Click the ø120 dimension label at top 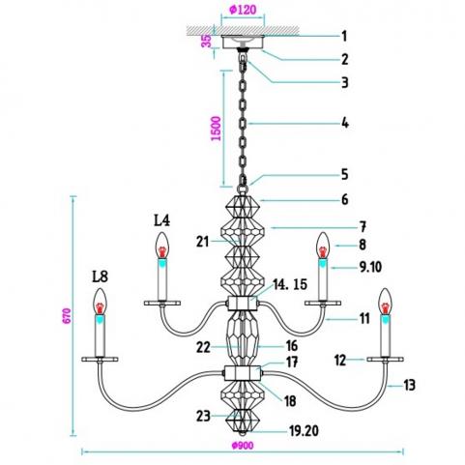click(243, 10)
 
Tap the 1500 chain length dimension click(217, 129)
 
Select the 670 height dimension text click(66, 316)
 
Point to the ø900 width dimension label click(243, 446)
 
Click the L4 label click(161, 220)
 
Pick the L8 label click(100, 276)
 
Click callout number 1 click(344, 36)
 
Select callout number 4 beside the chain click(345, 123)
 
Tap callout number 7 click(363, 227)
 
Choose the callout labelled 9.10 click(370, 267)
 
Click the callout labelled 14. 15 click(290, 284)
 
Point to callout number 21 click(202, 242)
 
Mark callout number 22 click(203, 347)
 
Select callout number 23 click(203, 416)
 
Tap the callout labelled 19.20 click(304, 430)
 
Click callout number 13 click(409, 385)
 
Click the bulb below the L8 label click(101, 302)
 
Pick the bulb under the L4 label click(162, 246)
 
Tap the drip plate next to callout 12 click(385, 359)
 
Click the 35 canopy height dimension click(207, 41)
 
